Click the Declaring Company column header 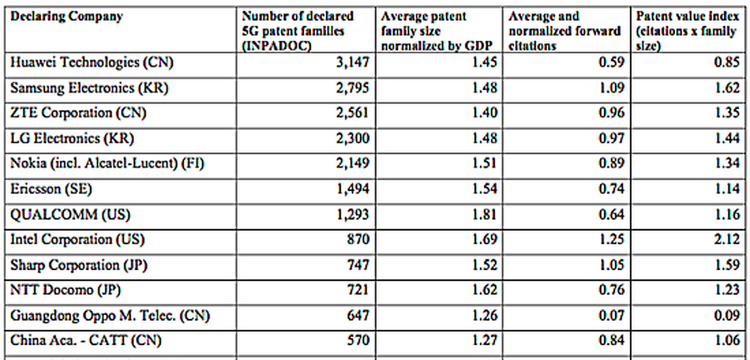point(67,17)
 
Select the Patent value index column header point(687,31)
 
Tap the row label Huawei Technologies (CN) point(92,63)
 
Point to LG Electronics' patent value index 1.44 point(727,139)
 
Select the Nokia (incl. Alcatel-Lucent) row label point(107,164)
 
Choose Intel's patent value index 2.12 point(727,239)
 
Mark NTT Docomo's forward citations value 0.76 point(612,290)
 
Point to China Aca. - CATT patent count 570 point(357,341)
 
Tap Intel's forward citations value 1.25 point(612,239)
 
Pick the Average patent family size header point(437,31)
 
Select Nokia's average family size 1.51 point(483,164)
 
